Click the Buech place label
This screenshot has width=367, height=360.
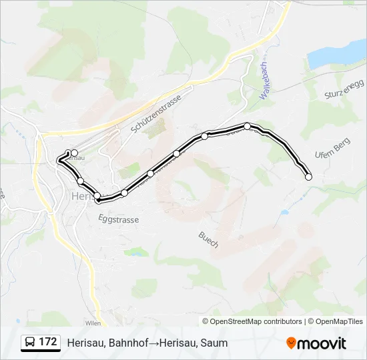(x=208, y=239)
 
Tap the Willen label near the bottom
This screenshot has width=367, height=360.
(x=93, y=321)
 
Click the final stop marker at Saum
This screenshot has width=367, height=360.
(x=308, y=177)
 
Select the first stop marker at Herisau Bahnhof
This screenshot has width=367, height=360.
(x=74, y=153)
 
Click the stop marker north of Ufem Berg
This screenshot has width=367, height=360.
(x=247, y=126)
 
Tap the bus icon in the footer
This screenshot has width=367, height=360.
(x=30, y=342)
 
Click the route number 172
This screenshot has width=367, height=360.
(x=47, y=342)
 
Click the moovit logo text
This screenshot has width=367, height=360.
(x=322, y=343)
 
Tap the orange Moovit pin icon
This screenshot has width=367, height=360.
(x=291, y=343)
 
